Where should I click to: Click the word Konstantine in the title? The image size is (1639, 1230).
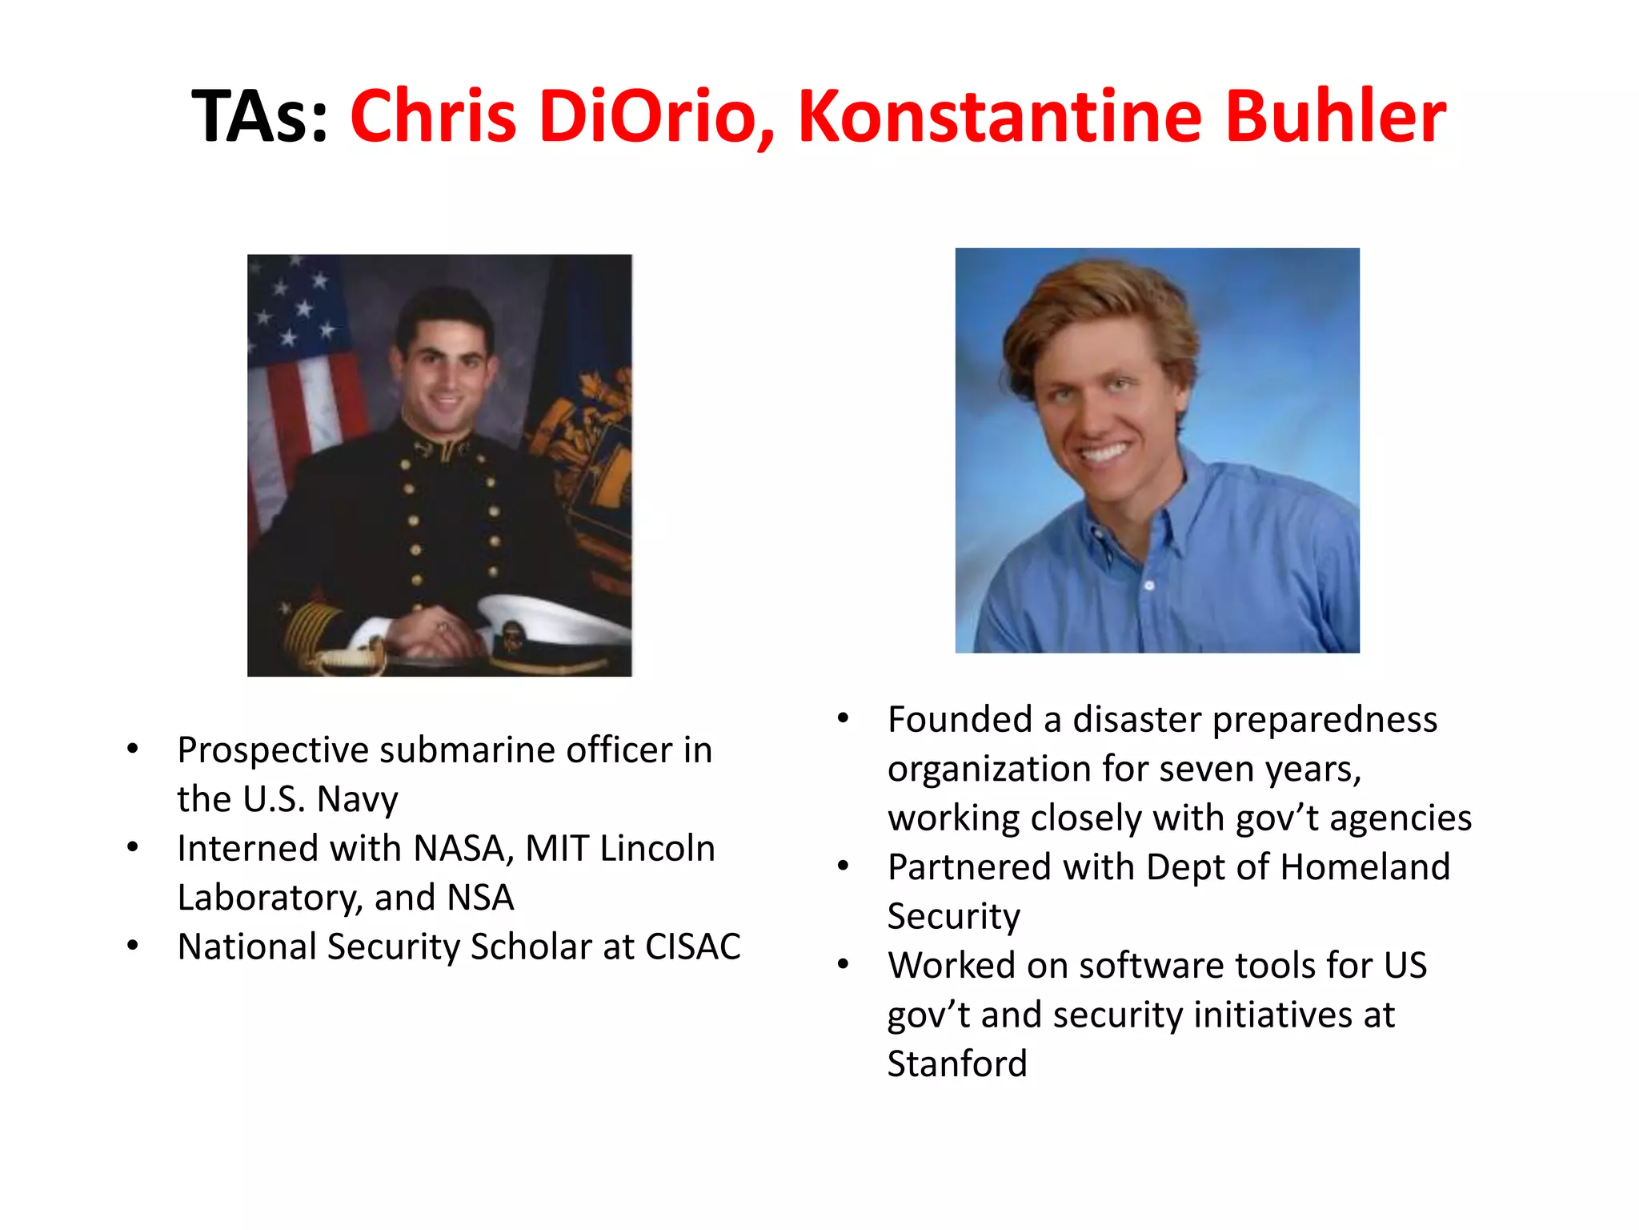point(1000,117)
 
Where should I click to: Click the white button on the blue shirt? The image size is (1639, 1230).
point(1149,585)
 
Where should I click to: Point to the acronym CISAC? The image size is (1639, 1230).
point(692,947)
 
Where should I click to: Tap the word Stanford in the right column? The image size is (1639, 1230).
point(956,1064)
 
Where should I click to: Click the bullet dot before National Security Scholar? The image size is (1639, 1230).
point(133,947)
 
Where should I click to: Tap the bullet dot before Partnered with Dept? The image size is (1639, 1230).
point(843,866)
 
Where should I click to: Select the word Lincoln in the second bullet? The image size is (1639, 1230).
point(657,849)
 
